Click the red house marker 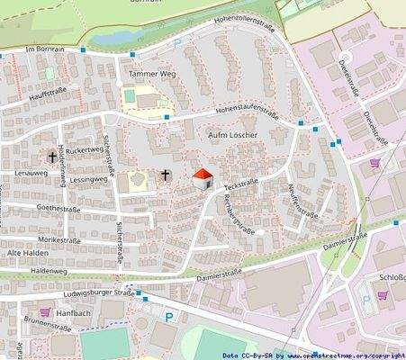(x=203, y=178)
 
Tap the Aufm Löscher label (x=232, y=135)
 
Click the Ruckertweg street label (x=85, y=149)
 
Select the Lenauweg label (x=30, y=170)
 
